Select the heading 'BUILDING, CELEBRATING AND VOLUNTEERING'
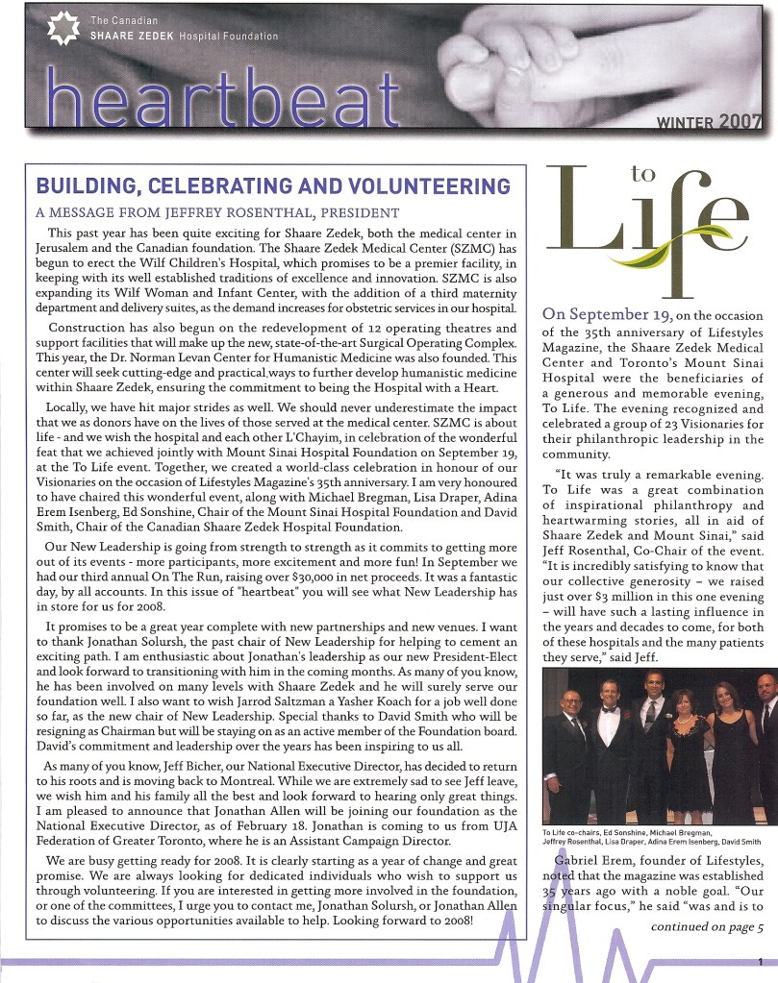(272, 185)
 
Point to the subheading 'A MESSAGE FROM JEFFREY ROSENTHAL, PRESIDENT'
(216, 211)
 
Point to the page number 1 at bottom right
(760, 962)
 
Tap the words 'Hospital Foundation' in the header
(229, 37)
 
